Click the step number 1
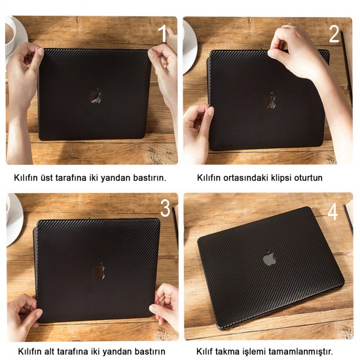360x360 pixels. (x=162, y=33)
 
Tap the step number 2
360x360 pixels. (x=334, y=34)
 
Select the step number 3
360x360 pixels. (x=166, y=207)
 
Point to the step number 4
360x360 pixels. (x=333, y=211)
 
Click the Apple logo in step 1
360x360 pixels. (x=96, y=96)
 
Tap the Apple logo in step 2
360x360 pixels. (x=270, y=100)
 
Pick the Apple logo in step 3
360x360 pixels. (x=99, y=271)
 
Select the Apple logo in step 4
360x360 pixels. (x=270, y=258)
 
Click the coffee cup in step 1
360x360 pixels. (x=10, y=35)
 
